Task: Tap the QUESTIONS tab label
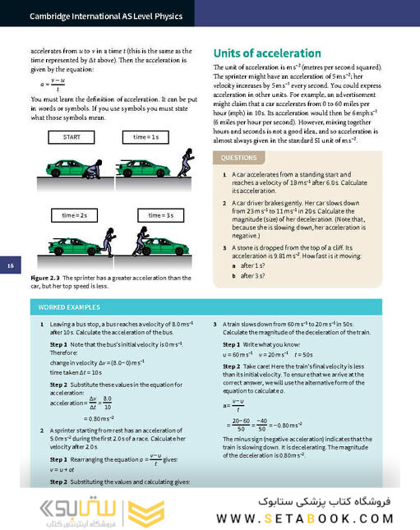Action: click(x=238, y=157)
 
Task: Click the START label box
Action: click(x=71, y=136)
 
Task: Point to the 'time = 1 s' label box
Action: click(x=148, y=136)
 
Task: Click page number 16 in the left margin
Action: click(x=11, y=265)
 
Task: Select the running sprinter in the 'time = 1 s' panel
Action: click(x=184, y=163)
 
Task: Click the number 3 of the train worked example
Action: click(x=215, y=325)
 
